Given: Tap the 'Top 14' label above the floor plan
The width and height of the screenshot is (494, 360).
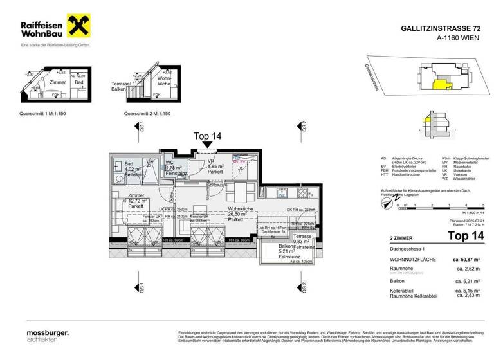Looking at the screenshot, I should pos(207,136).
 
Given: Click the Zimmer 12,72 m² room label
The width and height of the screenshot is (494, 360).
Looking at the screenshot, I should pos(136,201).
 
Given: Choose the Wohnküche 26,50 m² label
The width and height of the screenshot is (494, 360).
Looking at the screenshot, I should pos(231,216).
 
